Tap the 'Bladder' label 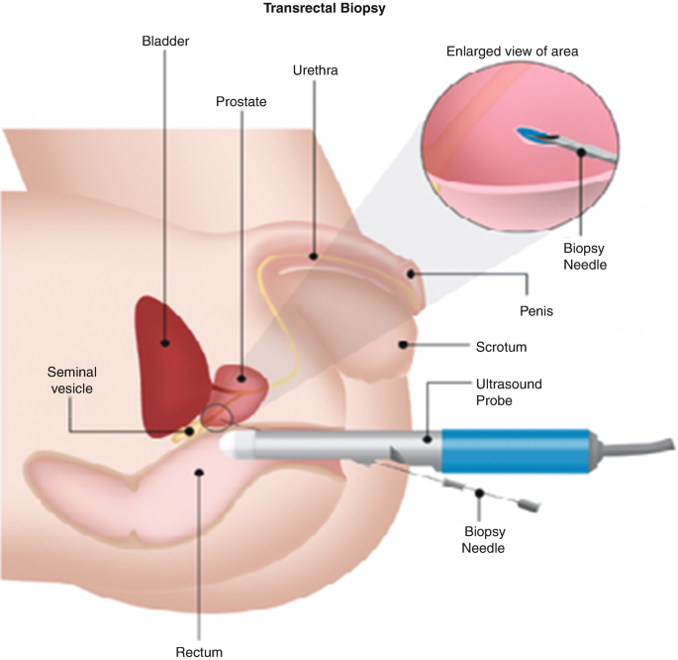164,42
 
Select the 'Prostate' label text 242,101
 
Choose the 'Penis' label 535,310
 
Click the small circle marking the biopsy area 218,420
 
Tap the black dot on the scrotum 404,345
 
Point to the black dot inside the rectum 200,474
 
